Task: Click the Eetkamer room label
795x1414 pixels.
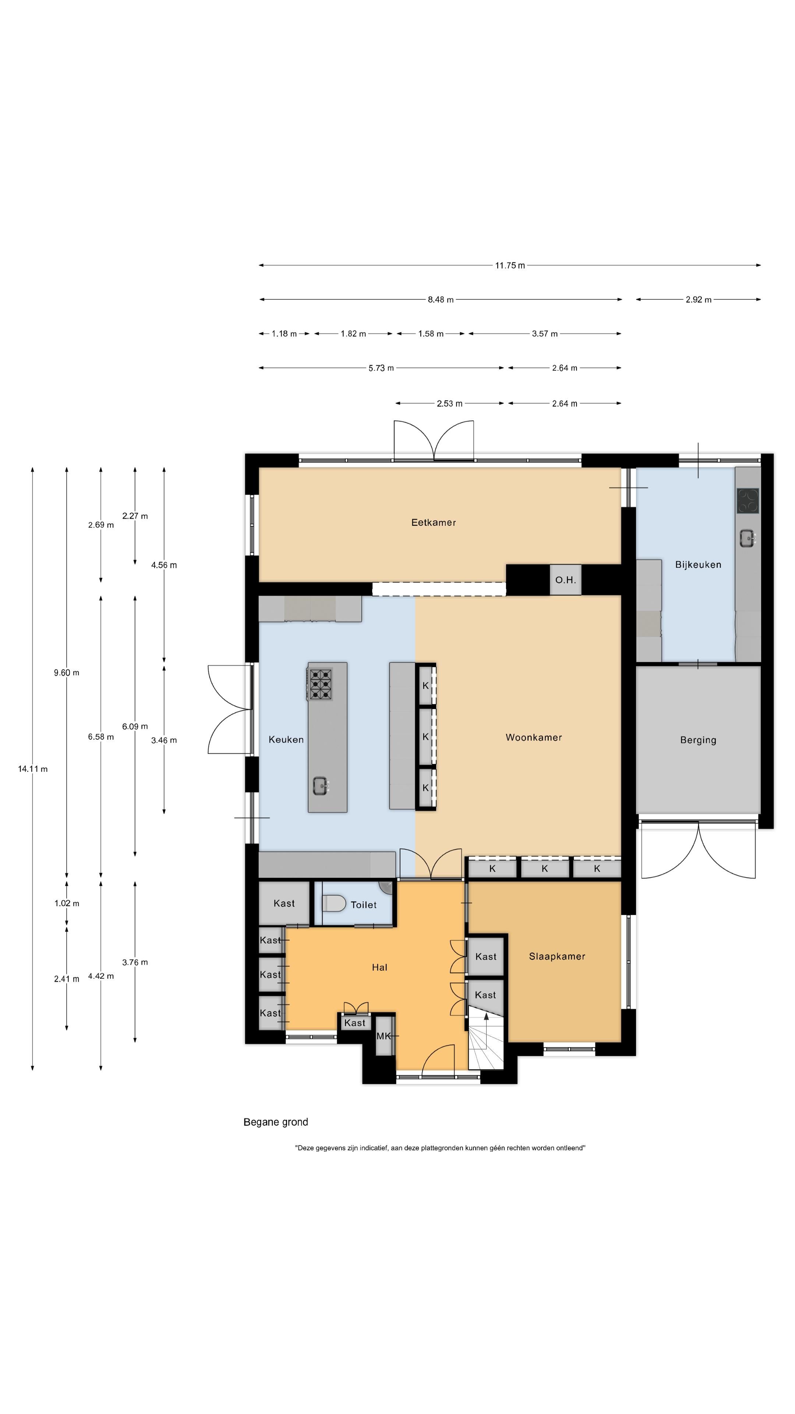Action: coord(434,523)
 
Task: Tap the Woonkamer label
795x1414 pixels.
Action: coord(534,737)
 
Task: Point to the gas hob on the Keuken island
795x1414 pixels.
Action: coord(321,684)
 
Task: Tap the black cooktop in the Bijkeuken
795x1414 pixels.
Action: coord(747,501)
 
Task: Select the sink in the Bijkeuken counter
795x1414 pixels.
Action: coord(747,538)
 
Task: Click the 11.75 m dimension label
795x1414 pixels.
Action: coord(510,265)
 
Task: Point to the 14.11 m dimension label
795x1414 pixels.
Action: coord(33,769)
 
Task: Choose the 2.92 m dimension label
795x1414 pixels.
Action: coord(699,300)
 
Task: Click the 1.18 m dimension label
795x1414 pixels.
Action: coord(284,334)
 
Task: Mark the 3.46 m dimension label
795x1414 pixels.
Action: coord(164,741)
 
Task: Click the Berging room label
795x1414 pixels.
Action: coord(698,740)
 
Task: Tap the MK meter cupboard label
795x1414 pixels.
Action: coord(384,1036)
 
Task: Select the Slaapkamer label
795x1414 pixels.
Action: coord(557,956)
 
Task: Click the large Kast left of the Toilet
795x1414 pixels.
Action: coord(284,903)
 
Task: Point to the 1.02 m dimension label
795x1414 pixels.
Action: coord(67,904)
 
